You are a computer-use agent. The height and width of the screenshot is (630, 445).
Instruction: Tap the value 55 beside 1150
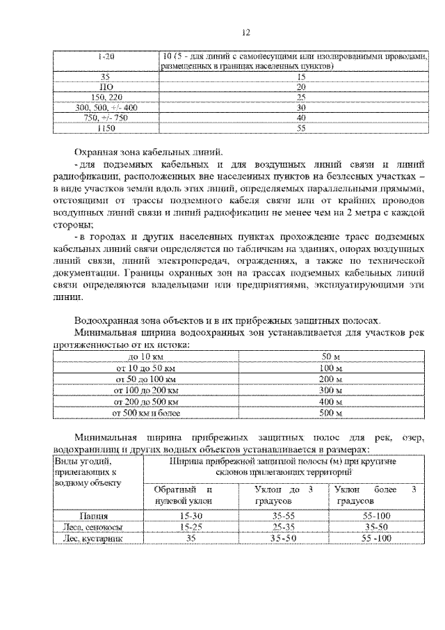301,129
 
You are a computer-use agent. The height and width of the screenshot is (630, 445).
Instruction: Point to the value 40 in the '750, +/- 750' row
301,118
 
